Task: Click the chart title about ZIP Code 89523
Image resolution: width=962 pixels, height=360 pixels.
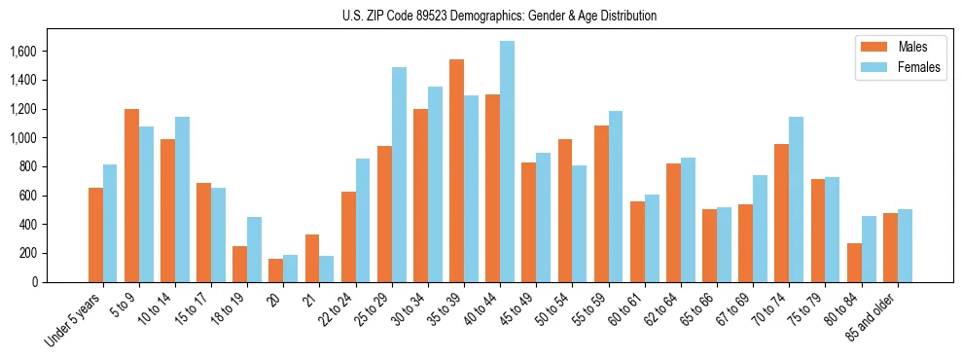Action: click(499, 16)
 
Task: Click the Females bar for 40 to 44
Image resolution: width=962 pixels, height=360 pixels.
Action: click(507, 162)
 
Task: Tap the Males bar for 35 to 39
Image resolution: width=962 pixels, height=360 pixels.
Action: click(456, 171)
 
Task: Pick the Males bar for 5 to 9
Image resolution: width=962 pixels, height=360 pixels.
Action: click(131, 196)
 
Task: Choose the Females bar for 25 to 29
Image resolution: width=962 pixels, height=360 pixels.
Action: click(399, 175)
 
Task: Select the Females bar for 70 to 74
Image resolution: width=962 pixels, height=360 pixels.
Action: click(797, 199)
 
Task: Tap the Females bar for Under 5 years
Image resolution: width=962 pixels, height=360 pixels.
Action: click(110, 224)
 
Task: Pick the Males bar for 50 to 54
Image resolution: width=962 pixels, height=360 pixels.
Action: click(565, 211)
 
